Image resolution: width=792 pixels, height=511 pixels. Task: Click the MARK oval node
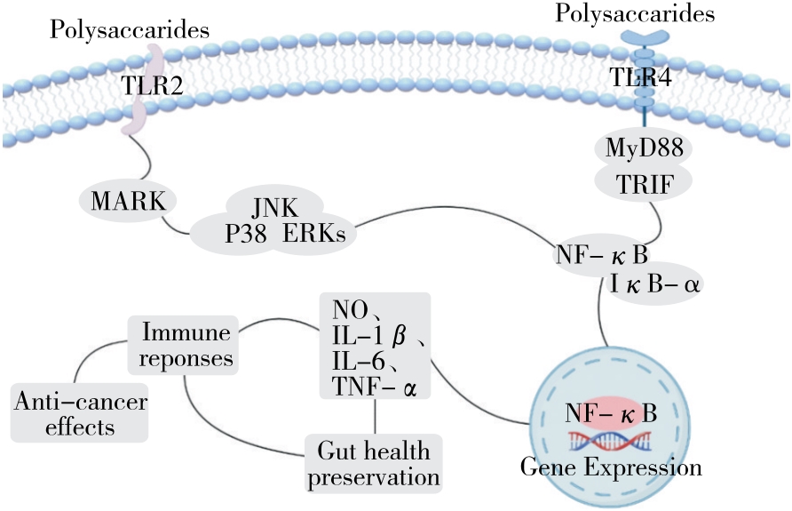pos(123,200)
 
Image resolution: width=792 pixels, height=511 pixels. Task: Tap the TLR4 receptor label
pos(640,78)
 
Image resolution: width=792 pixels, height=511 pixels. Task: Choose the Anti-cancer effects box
pos(80,414)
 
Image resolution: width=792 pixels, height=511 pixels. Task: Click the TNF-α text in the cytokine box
pos(374,387)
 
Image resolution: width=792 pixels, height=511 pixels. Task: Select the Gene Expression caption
pos(611,467)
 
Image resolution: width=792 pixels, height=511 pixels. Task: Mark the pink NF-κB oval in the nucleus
pos(612,413)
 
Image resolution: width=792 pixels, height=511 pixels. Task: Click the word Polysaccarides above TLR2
pos(130,29)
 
